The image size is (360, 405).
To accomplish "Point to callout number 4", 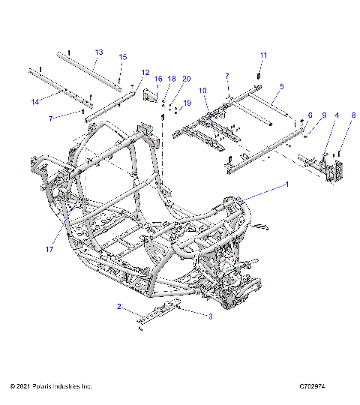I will [x=337, y=115].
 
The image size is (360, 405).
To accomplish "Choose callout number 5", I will [x=281, y=87].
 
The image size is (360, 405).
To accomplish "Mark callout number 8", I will [x=354, y=115].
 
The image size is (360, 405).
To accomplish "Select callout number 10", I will [x=202, y=91].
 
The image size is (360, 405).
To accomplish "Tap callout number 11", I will [x=263, y=55].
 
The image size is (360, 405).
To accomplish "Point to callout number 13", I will [x=98, y=52].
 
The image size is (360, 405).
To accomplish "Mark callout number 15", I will [x=124, y=57].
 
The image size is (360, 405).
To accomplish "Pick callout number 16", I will [x=158, y=79].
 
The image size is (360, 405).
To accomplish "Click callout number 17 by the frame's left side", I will [x=50, y=250].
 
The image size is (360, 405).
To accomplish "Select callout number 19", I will [x=187, y=102].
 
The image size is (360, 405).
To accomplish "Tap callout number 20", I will [x=187, y=79].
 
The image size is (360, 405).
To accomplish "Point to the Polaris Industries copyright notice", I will [x=51, y=386].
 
